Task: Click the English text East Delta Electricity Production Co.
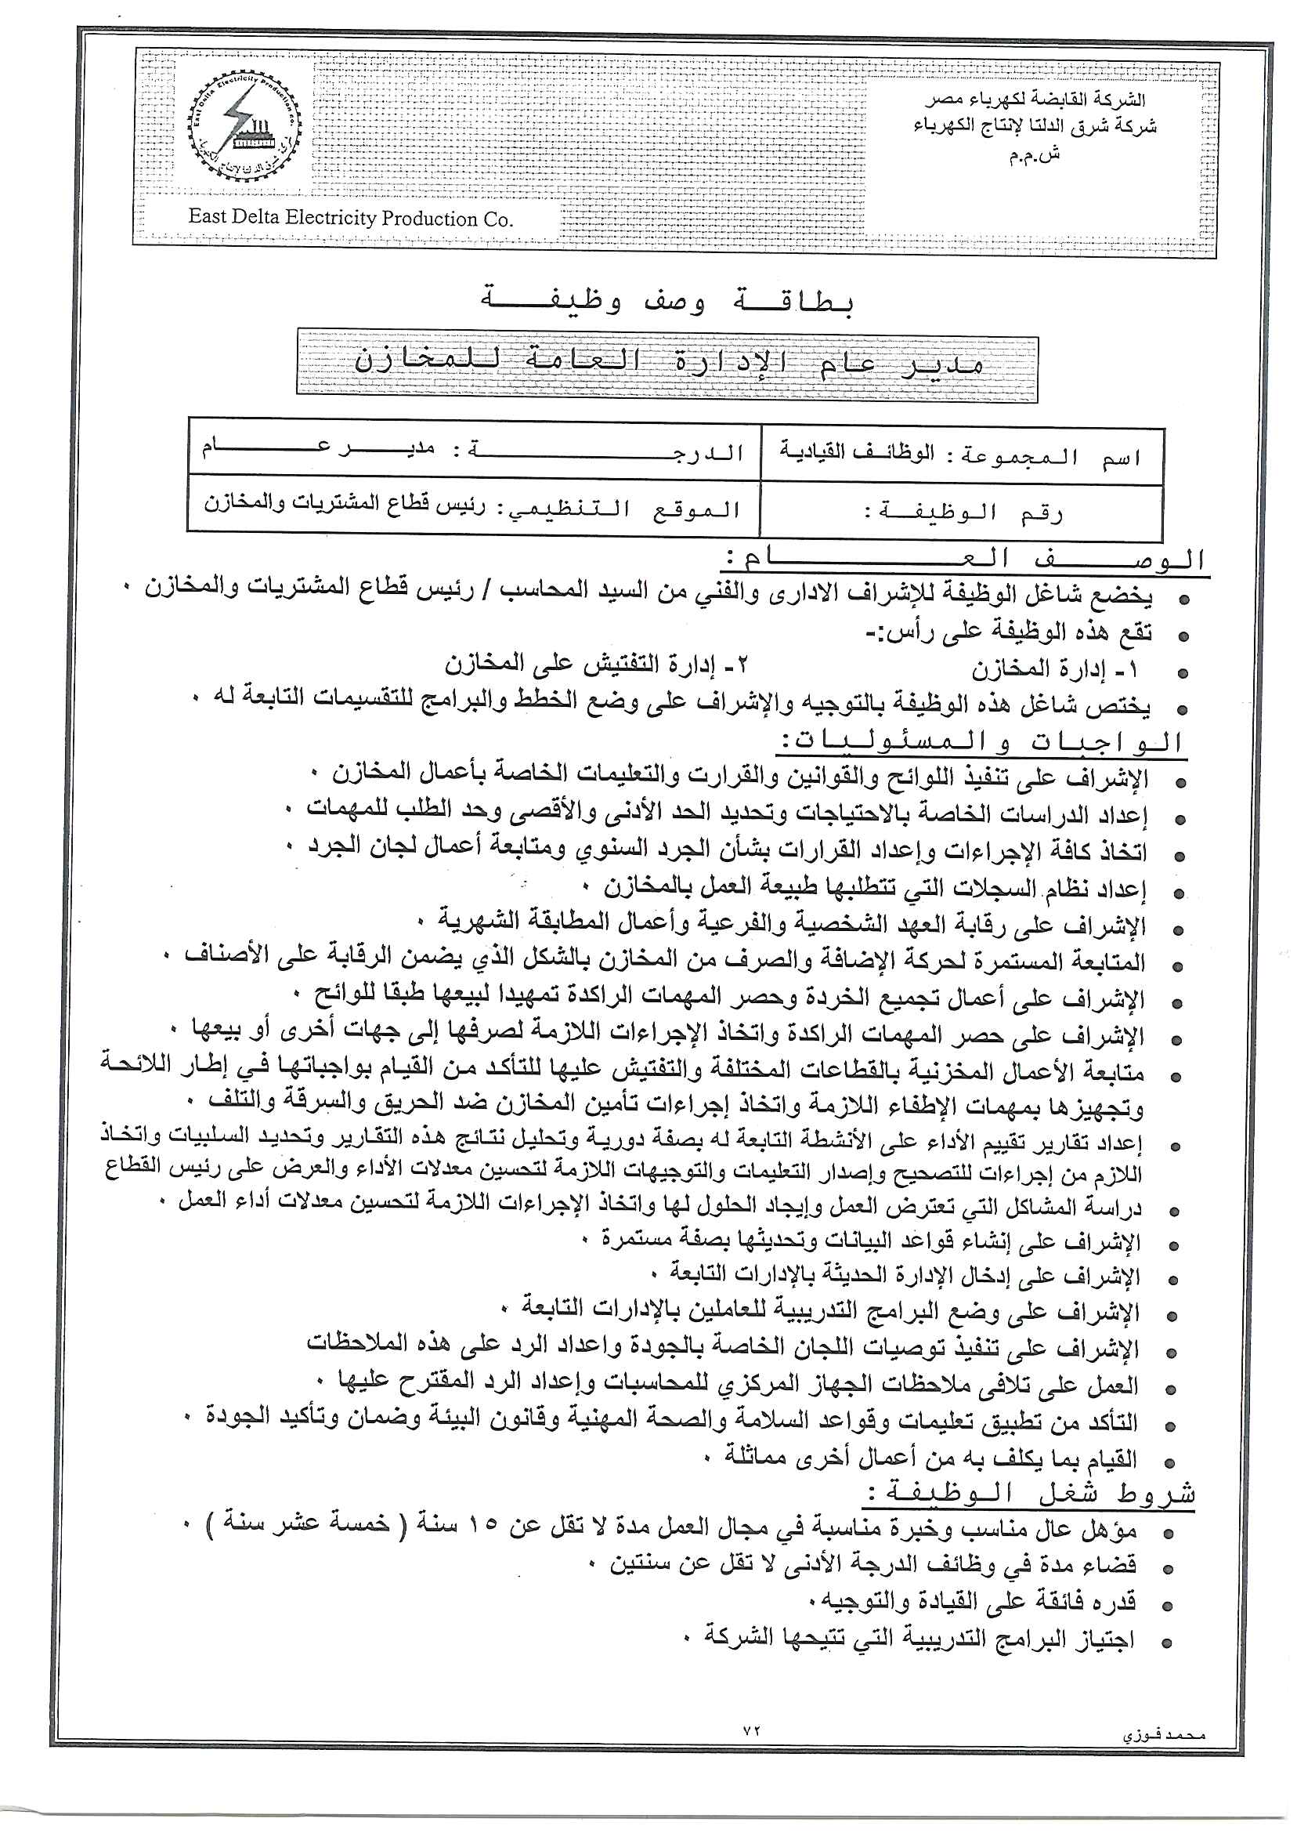click(351, 218)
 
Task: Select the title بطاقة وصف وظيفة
click(667, 302)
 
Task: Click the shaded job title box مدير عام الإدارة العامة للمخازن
click(667, 366)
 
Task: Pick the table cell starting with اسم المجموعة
click(961, 455)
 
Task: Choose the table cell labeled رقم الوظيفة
click(961, 512)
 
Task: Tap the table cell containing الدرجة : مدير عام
click(473, 450)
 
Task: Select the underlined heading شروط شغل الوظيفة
click(1030, 1493)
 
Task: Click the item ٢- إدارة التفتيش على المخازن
click(598, 665)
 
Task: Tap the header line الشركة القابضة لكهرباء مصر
click(1036, 100)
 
